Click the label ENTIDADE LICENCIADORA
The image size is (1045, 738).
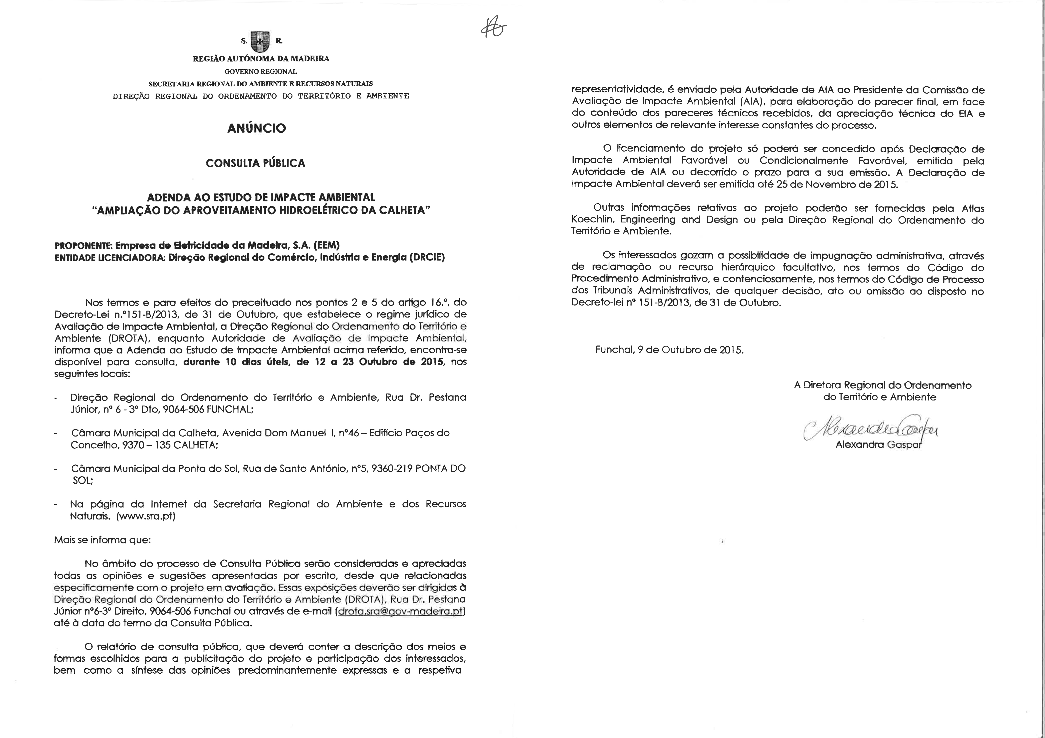109,257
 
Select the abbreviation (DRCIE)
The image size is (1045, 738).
427,257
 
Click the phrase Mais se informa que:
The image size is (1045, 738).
102,540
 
